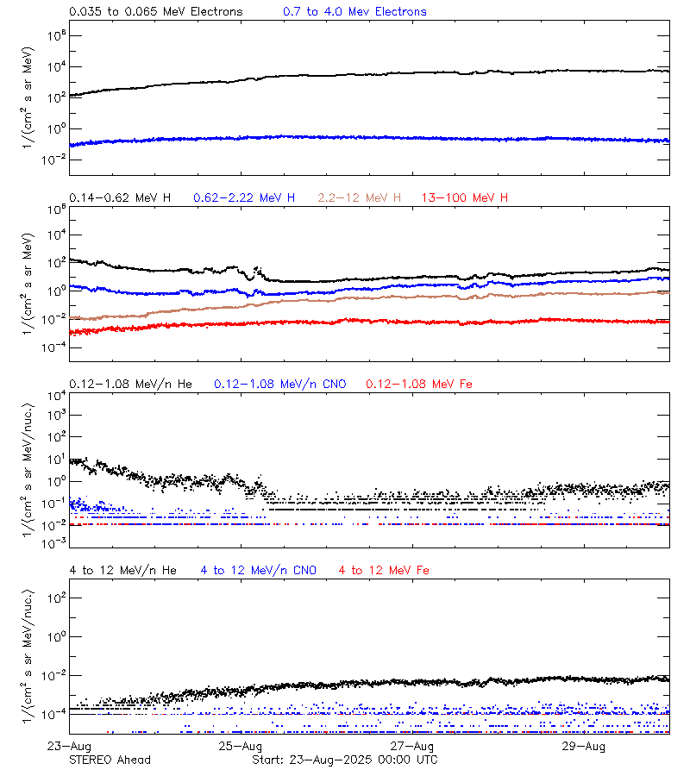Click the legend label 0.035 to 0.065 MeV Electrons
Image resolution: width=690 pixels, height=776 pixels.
pyautogui.click(x=155, y=11)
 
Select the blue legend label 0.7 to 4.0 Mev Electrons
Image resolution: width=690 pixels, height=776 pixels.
pyautogui.click(x=354, y=11)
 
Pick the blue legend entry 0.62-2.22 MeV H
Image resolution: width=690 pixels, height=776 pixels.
pyautogui.click(x=244, y=197)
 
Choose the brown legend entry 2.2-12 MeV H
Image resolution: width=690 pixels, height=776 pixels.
pyautogui.click(x=360, y=197)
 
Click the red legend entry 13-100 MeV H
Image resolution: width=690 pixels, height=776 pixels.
pyautogui.click(x=465, y=197)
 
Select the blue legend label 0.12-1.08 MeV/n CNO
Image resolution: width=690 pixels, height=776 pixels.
pyautogui.click(x=279, y=384)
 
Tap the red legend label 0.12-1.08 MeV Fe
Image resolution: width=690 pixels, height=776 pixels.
pyautogui.click(x=419, y=384)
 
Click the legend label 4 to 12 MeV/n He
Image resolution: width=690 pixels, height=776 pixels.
pyautogui.click(x=122, y=570)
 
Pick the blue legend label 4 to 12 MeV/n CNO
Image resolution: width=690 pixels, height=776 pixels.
pyautogui.click(x=258, y=570)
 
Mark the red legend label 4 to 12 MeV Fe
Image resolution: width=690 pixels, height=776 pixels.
pyautogui.click(x=384, y=570)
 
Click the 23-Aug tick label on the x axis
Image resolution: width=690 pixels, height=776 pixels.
pyautogui.click(x=70, y=746)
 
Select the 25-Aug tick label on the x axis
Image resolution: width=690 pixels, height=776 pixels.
pyautogui.click(x=241, y=746)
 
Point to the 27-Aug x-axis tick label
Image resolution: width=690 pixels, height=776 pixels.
pyautogui.click(x=412, y=746)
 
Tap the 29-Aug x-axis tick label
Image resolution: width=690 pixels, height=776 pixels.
pyautogui.click(x=583, y=746)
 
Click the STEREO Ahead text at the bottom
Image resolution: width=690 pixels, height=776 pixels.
pyautogui.click(x=110, y=760)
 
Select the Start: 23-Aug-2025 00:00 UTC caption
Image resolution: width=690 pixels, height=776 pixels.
pyautogui.click(x=344, y=760)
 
